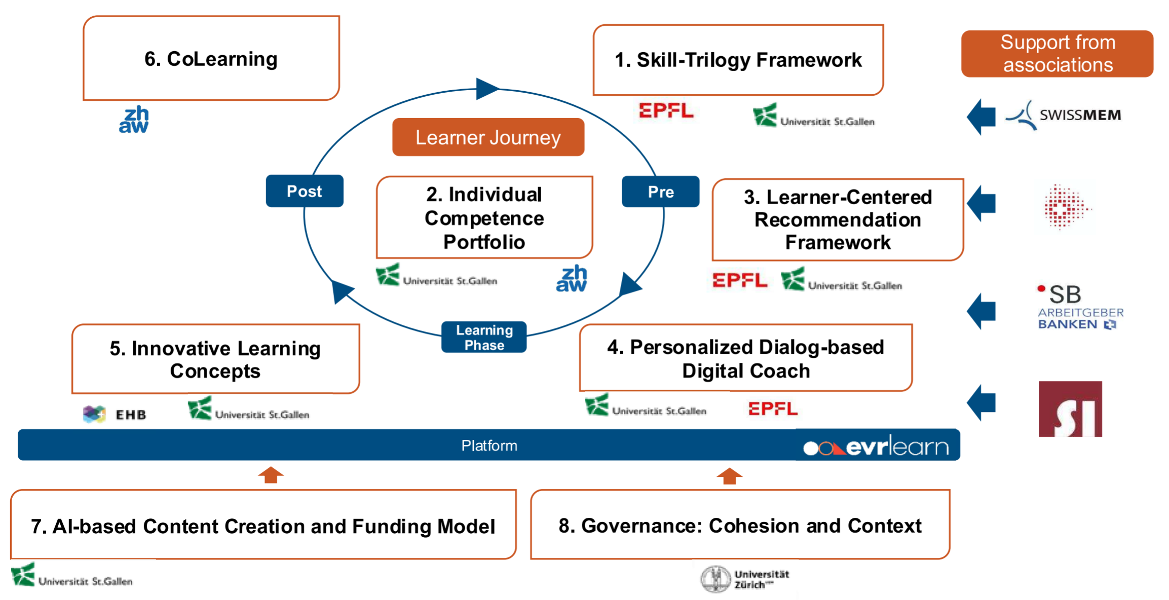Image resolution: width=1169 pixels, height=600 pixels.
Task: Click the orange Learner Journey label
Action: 488,137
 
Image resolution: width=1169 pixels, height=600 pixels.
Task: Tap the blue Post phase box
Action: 305,191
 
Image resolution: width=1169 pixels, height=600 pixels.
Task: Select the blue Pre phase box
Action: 660,192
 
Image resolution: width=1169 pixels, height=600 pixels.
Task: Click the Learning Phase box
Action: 484,337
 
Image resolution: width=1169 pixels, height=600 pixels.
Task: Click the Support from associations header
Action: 1058,54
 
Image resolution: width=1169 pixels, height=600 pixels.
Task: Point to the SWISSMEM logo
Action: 1063,116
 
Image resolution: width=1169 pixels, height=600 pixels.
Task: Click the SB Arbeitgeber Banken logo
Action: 1080,307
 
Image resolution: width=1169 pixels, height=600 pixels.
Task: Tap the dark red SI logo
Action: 1070,409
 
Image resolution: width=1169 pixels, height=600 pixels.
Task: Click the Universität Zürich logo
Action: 745,579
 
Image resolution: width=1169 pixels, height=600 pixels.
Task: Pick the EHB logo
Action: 115,415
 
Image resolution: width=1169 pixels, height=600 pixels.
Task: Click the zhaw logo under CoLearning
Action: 134,120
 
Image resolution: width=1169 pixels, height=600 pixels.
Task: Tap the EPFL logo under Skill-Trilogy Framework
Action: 666,110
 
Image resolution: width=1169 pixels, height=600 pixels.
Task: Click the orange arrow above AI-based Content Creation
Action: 271,475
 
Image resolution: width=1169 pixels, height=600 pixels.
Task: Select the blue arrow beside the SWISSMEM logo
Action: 982,117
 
